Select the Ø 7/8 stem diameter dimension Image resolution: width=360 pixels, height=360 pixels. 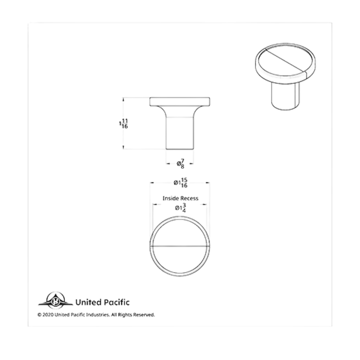pyautogui.click(x=181, y=164)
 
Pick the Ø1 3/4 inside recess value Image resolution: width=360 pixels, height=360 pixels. pyautogui.click(x=181, y=208)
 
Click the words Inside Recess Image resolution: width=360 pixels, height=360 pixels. pyautogui.click(x=181, y=198)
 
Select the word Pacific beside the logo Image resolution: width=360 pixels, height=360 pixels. pyautogui.click(x=115, y=302)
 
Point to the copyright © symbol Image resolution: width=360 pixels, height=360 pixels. pyautogui.click(x=39, y=314)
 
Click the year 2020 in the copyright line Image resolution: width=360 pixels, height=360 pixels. pyautogui.click(x=48, y=314)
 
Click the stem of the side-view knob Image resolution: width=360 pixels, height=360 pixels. pyautogui.click(x=180, y=133)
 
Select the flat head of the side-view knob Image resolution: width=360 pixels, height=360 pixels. pyautogui.click(x=180, y=101)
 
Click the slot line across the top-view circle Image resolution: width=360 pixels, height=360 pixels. pyautogui.click(x=180, y=247)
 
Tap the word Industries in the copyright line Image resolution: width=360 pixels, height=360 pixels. pyautogui.click(x=97, y=314)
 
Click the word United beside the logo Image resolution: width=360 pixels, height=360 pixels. pyautogui.click(x=87, y=302)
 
